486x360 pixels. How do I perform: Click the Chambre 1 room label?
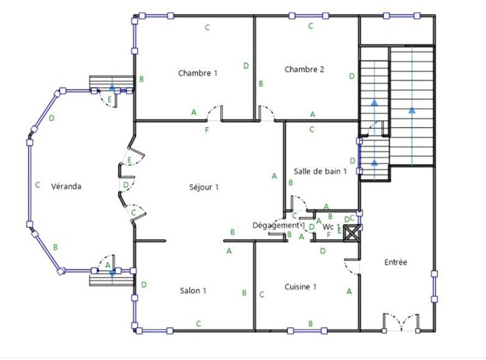click(x=198, y=73)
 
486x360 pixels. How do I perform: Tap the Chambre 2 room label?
click(x=304, y=69)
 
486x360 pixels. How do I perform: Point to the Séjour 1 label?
click(x=204, y=187)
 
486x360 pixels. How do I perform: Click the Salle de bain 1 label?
click(x=320, y=171)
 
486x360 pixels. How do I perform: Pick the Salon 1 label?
click(x=193, y=291)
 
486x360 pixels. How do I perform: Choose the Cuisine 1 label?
click(x=301, y=286)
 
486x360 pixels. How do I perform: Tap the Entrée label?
click(x=396, y=262)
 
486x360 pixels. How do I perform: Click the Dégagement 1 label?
click(x=278, y=225)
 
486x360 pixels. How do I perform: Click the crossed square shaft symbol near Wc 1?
click(x=353, y=234)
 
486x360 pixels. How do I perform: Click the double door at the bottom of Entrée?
click(x=401, y=320)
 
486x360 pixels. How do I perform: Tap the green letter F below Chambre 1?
click(x=206, y=130)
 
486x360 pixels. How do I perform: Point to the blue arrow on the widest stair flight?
click(x=412, y=108)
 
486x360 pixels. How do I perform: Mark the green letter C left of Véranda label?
click(x=37, y=185)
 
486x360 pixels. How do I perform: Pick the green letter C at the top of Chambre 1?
click(x=207, y=27)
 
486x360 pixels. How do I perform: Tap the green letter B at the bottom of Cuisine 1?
click(x=310, y=323)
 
